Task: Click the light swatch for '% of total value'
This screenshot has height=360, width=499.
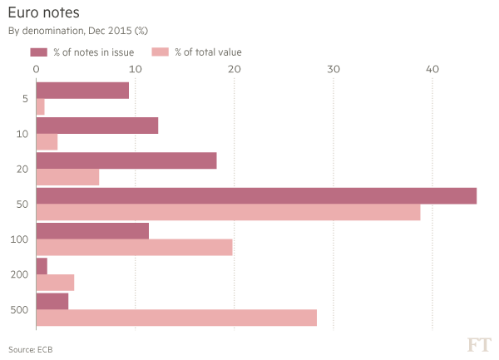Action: pyautogui.click(x=161, y=52)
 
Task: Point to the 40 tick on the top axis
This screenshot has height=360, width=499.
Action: pyautogui.click(x=432, y=70)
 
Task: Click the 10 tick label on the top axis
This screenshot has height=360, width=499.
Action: pyautogui.click(x=136, y=70)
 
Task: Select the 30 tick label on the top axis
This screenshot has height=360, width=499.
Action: pyautogui.click(x=333, y=70)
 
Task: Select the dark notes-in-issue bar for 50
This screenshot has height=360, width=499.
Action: pyautogui.click(x=256, y=195)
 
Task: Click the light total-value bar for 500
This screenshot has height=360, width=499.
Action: pyautogui.click(x=176, y=318)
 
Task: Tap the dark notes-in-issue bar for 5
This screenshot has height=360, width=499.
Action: pyautogui.click(x=82, y=90)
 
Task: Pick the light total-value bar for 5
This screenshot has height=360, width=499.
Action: pyautogui.click(x=41, y=107)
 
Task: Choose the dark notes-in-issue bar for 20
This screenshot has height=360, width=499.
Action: pyautogui.click(x=126, y=160)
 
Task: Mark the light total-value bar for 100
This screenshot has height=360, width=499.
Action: pyautogui.click(x=135, y=248)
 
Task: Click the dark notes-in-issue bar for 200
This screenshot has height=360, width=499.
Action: pyautogui.click(x=42, y=266)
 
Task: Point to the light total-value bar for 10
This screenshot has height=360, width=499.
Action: pyautogui.click(x=47, y=142)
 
